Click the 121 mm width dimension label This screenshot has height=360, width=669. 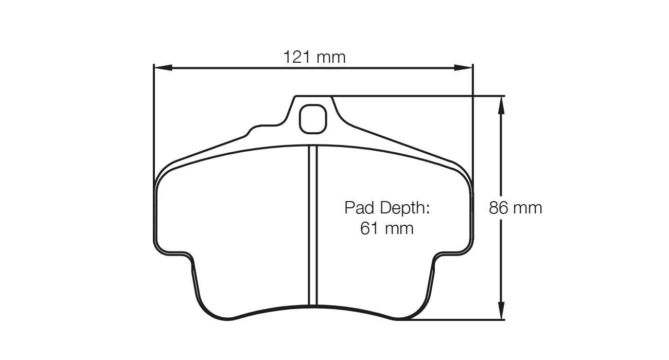(x=314, y=57)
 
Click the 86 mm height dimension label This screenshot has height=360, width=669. (x=515, y=208)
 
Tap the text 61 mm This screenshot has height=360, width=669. (x=386, y=228)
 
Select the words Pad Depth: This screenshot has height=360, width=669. (x=386, y=208)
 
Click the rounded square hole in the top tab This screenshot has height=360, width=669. (x=313, y=119)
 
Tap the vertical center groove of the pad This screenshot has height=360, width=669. (x=313, y=226)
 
